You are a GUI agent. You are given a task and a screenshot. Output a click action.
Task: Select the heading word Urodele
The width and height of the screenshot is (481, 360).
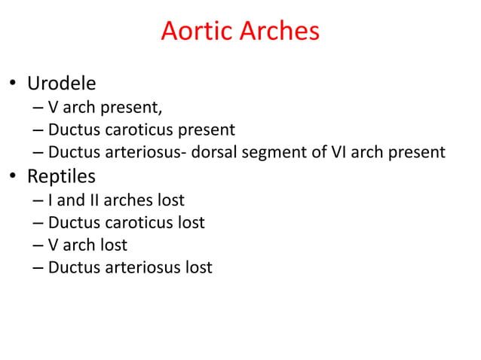(62, 82)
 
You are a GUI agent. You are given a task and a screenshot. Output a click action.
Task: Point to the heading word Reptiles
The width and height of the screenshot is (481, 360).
(61, 176)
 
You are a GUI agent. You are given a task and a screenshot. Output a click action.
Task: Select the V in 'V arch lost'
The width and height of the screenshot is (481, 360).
(54, 245)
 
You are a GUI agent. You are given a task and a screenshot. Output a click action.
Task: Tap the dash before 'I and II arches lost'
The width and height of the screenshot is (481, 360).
(38, 201)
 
